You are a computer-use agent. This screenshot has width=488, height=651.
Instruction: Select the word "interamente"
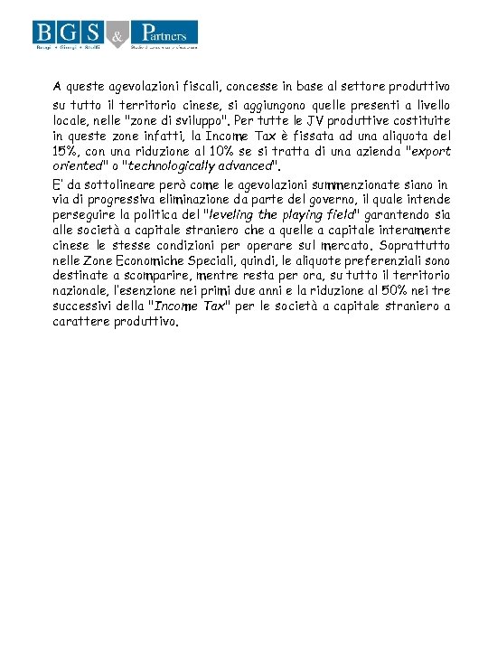click(415, 230)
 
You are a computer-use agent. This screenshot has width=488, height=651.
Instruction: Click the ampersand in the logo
click(117, 36)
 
